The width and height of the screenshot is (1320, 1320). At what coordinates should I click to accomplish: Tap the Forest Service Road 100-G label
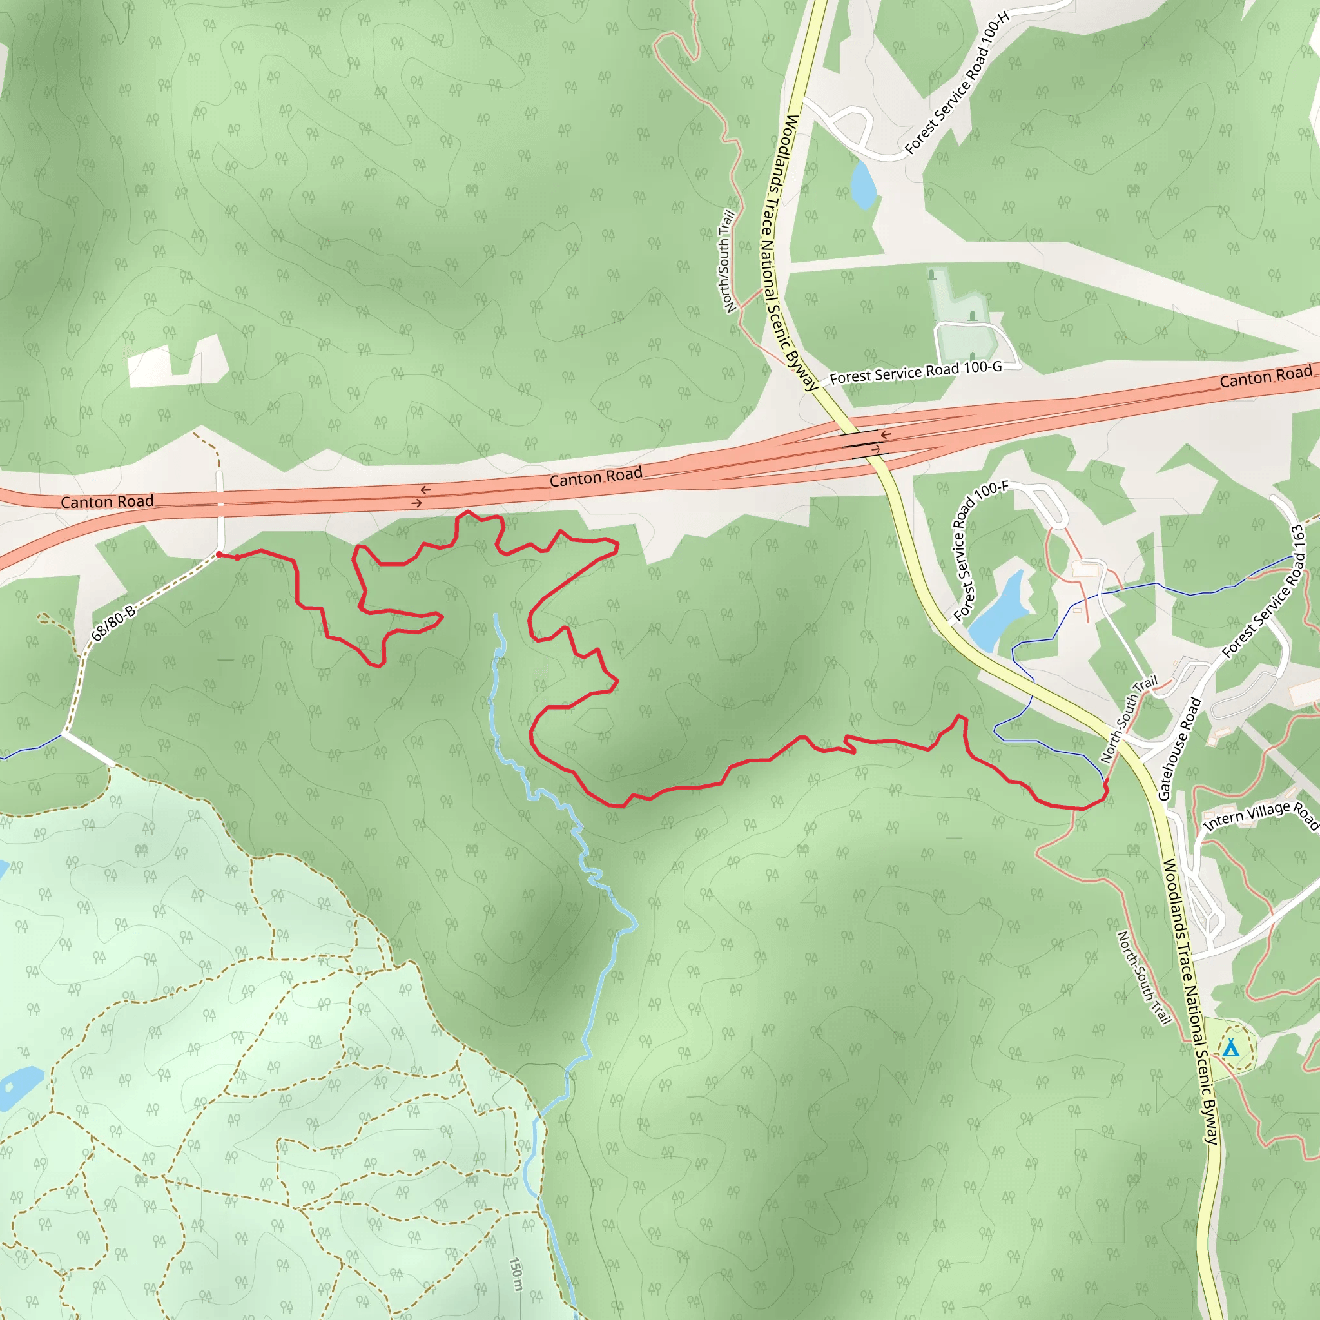tap(915, 373)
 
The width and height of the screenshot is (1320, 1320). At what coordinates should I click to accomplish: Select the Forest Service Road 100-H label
tap(956, 82)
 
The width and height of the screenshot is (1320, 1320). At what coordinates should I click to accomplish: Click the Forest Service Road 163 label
tap(1265, 590)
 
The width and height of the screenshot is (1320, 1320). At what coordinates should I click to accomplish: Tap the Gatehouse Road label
tap(1180, 748)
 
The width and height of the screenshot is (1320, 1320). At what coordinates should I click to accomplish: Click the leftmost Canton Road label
tap(107, 501)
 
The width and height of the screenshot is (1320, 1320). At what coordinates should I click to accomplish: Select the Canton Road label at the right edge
tap(1265, 376)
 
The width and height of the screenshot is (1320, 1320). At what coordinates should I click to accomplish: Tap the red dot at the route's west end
tap(218, 554)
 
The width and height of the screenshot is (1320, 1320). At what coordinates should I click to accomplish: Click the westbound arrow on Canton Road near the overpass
tap(886, 434)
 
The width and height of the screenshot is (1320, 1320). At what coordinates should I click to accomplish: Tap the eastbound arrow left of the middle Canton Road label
tap(416, 503)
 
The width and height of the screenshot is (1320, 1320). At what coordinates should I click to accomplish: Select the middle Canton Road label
tap(596, 476)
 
